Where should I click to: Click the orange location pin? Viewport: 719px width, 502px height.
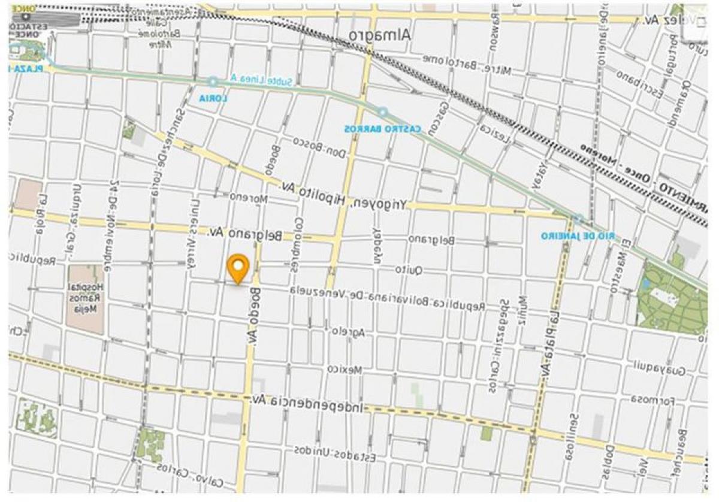pos(238,268)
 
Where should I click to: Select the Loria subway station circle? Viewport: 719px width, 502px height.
pos(213,82)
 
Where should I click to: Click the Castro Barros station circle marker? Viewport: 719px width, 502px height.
pos(382,112)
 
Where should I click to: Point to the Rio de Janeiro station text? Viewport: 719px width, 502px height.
pos(578,235)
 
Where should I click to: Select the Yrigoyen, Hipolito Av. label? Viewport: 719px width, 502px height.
pos(345,195)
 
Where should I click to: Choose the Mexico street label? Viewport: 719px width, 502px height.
pos(346,370)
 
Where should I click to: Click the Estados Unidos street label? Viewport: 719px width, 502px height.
pos(336,453)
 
